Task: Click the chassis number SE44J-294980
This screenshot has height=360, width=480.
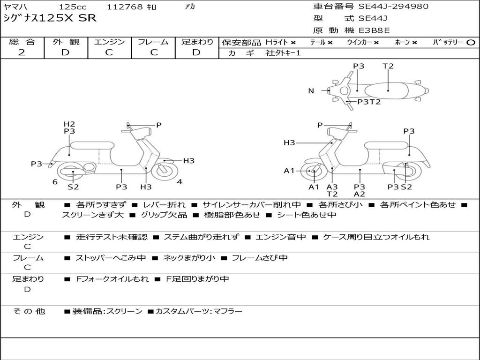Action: (x=393, y=7)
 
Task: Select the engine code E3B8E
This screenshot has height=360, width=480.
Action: (x=374, y=31)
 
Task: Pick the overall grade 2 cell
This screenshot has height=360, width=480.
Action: (x=22, y=52)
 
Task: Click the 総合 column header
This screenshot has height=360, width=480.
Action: (x=22, y=42)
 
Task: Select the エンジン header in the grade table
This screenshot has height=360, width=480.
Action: (x=109, y=42)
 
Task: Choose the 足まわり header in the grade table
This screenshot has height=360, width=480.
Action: (x=197, y=42)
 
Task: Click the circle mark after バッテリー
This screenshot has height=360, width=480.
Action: (x=471, y=42)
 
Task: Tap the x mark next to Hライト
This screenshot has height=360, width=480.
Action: (x=293, y=42)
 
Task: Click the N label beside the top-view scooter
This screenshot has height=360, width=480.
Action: (x=311, y=91)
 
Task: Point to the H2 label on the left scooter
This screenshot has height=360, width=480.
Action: (x=69, y=124)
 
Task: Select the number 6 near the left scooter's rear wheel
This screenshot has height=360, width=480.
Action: (x=55, y=182)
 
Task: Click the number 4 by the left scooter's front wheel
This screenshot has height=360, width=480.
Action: (x=180, y=182)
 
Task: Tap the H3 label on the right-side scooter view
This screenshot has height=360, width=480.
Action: (x=289, y=143)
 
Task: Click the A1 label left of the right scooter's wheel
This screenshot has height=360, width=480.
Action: (x=289, y=171)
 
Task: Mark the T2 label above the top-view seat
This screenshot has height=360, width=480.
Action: (x=388, y=66)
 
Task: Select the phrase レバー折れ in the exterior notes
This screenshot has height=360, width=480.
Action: (x=164, y=205)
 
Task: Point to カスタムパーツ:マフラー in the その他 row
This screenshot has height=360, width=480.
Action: (x=199, y=311)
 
